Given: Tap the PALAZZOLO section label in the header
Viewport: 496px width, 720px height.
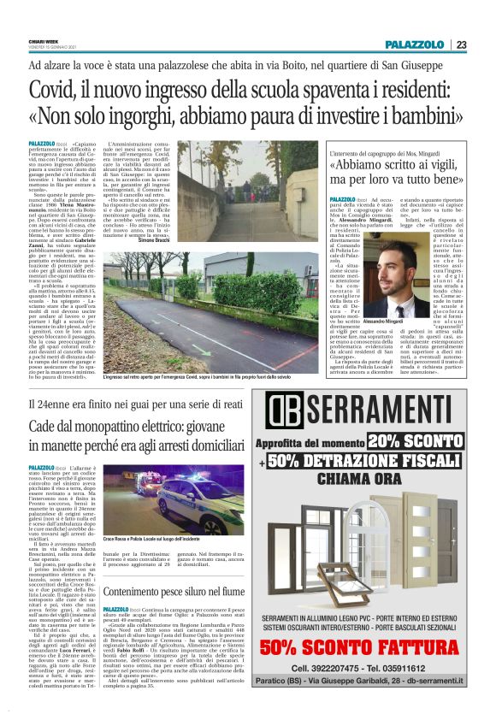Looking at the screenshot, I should point(414,44).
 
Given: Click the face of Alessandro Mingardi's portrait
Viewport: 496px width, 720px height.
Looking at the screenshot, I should point(393,271).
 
